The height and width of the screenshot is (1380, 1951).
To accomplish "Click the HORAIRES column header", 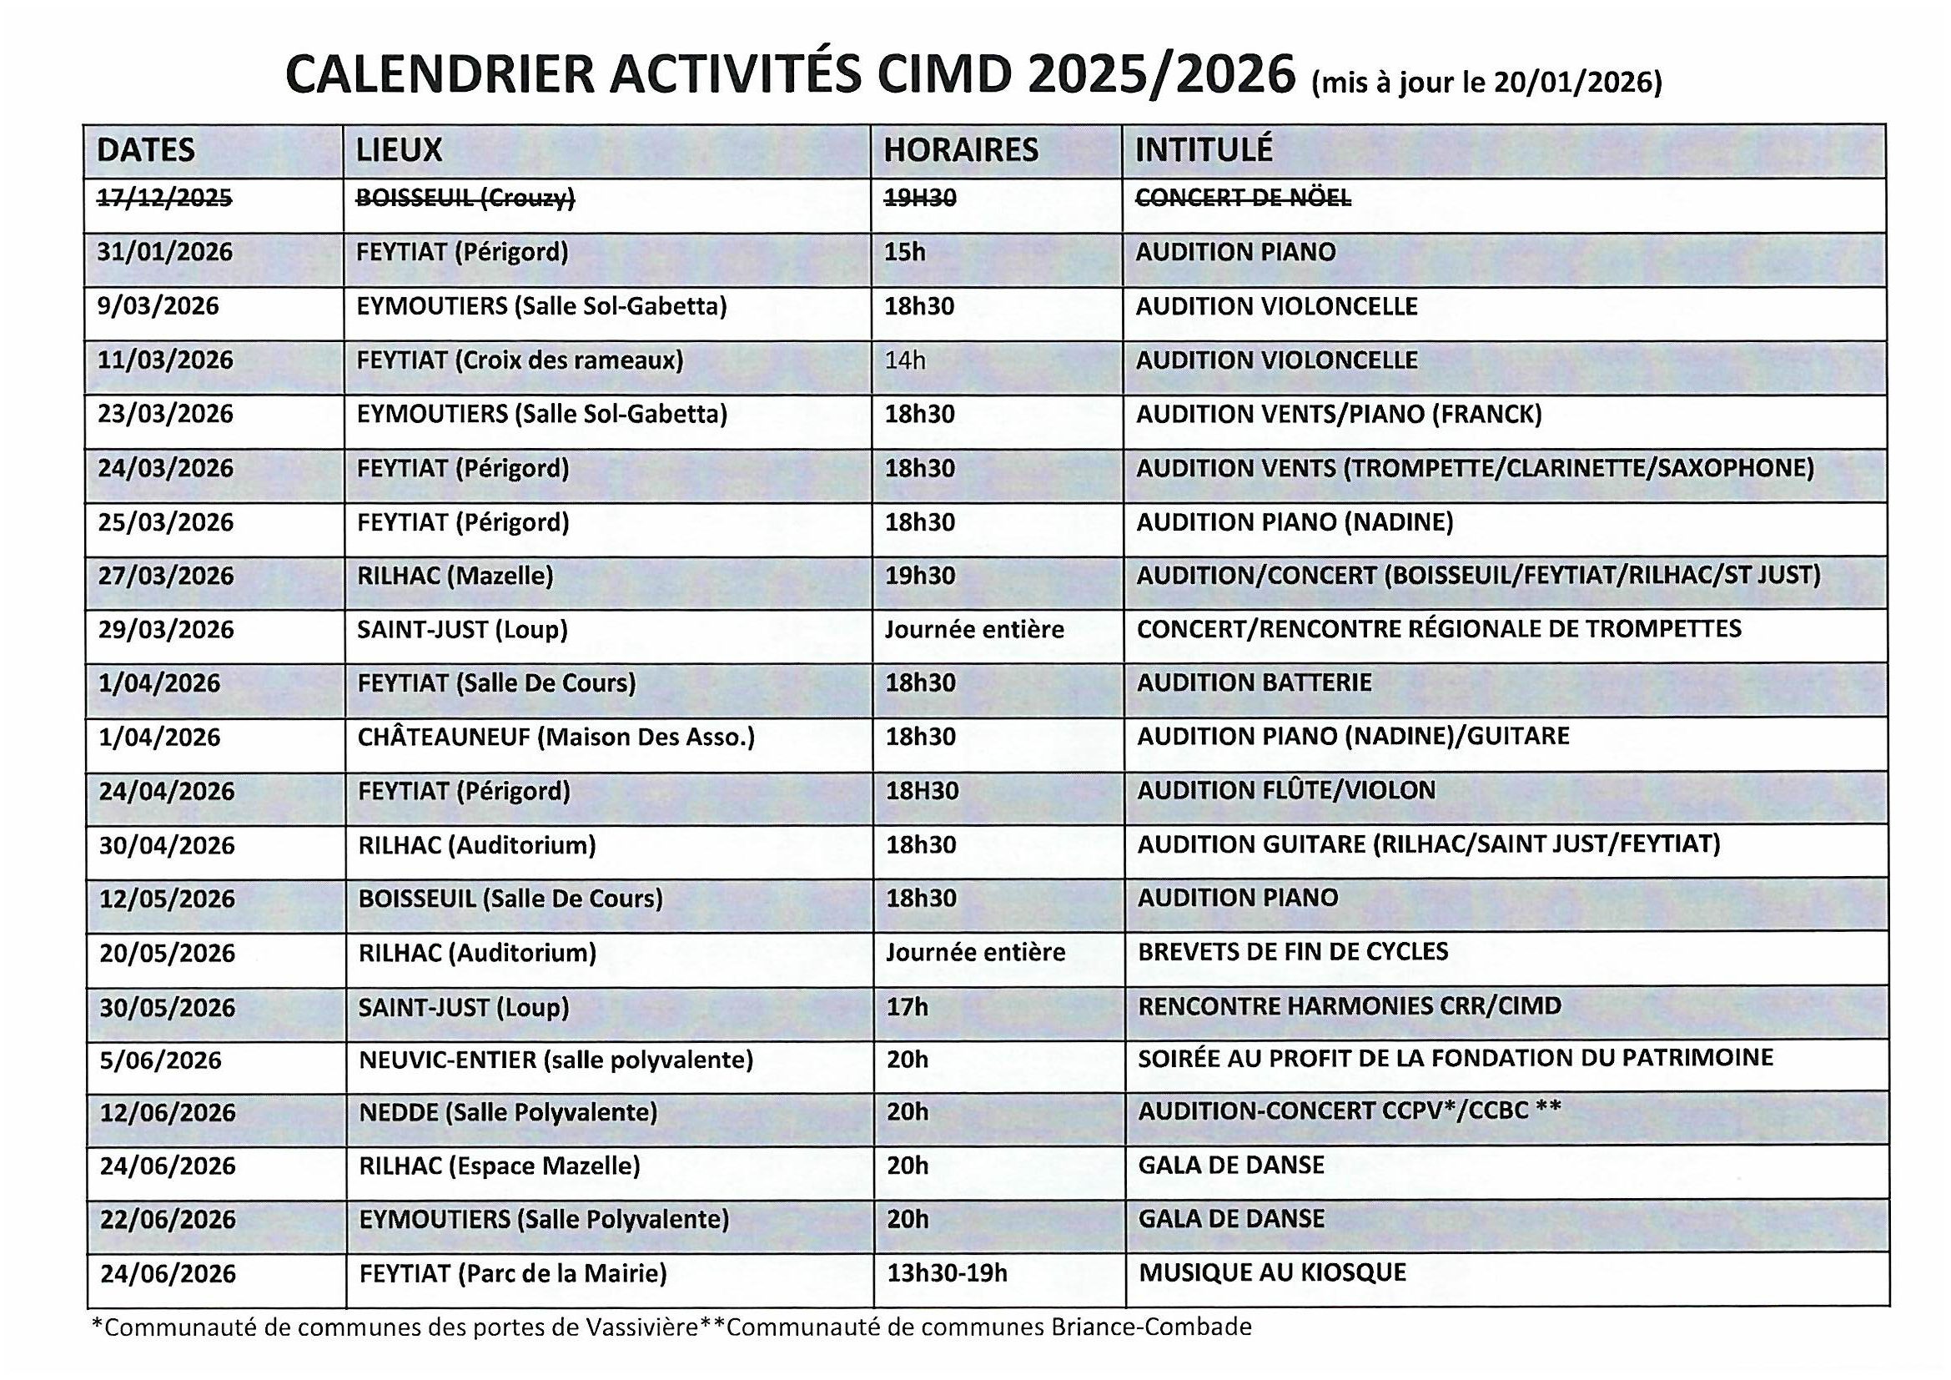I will click(x=960, y=150).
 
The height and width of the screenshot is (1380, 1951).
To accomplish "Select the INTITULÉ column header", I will click(x=1204, y=150).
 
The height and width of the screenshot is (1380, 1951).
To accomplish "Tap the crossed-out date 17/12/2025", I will click(x=164, y=198).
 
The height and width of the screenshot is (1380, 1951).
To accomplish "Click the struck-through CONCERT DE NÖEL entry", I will click(x=1242, y=198).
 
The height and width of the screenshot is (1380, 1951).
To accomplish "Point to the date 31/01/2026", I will click(x=165, y=252).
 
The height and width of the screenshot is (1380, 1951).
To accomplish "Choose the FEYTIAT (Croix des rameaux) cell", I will click(x=519, y=360).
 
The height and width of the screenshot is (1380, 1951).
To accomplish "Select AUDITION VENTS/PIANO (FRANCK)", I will click(x=1338, y=414).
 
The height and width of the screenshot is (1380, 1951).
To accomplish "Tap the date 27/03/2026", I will click(x=166, y=577).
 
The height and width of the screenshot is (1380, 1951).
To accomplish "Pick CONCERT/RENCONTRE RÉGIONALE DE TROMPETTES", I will click(x=1439, y=629).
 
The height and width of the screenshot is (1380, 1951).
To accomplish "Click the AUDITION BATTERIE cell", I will click(x=1255, y=682).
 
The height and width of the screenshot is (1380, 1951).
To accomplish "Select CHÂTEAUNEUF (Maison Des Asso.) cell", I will click(x=556, y=737).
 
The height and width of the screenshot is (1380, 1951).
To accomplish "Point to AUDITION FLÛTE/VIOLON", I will click(x=1285, y=790).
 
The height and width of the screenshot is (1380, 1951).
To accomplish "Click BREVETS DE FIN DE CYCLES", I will click(x=1292, y=951).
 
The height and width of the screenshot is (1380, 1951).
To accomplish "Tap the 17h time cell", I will click(x=907, y=1007).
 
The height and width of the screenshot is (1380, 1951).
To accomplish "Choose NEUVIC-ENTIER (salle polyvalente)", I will click(x=556, y=1060).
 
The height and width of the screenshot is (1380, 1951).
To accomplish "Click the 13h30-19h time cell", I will click(x=947, y=1273).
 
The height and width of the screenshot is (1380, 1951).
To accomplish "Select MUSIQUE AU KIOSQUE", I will click(x=1272, y=1272).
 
